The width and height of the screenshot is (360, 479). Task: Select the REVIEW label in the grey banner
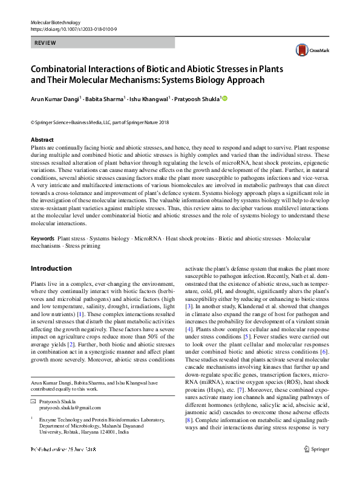pyautogui.click(x=46, y=43)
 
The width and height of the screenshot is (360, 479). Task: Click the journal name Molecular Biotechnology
pyautogui.click(x=56, y=22)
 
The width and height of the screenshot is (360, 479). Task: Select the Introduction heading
pyautogui.click(x=52, y=268)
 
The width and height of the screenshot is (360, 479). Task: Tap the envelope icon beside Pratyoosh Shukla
pyautogui.click(x=33, y=401)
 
